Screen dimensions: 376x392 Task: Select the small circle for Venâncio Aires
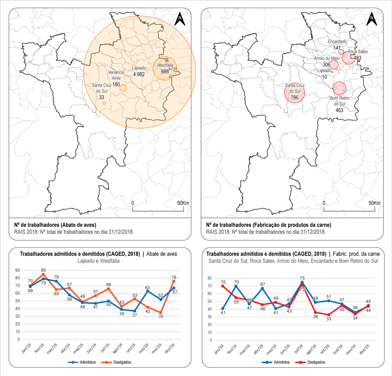[123, 88]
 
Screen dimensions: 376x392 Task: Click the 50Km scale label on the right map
[374, 203]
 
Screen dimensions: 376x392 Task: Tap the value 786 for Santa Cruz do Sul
[295, 98]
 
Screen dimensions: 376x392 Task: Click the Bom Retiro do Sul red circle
[339, 88]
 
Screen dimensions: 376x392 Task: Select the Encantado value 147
[337, 48]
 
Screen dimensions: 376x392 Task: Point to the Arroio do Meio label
[327, 58]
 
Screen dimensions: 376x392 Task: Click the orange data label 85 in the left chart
[44, 270]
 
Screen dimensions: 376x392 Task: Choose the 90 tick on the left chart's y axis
[18, 270]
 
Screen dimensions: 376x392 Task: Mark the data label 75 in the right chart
[302, 279]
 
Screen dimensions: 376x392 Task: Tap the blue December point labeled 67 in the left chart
[174, 288]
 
